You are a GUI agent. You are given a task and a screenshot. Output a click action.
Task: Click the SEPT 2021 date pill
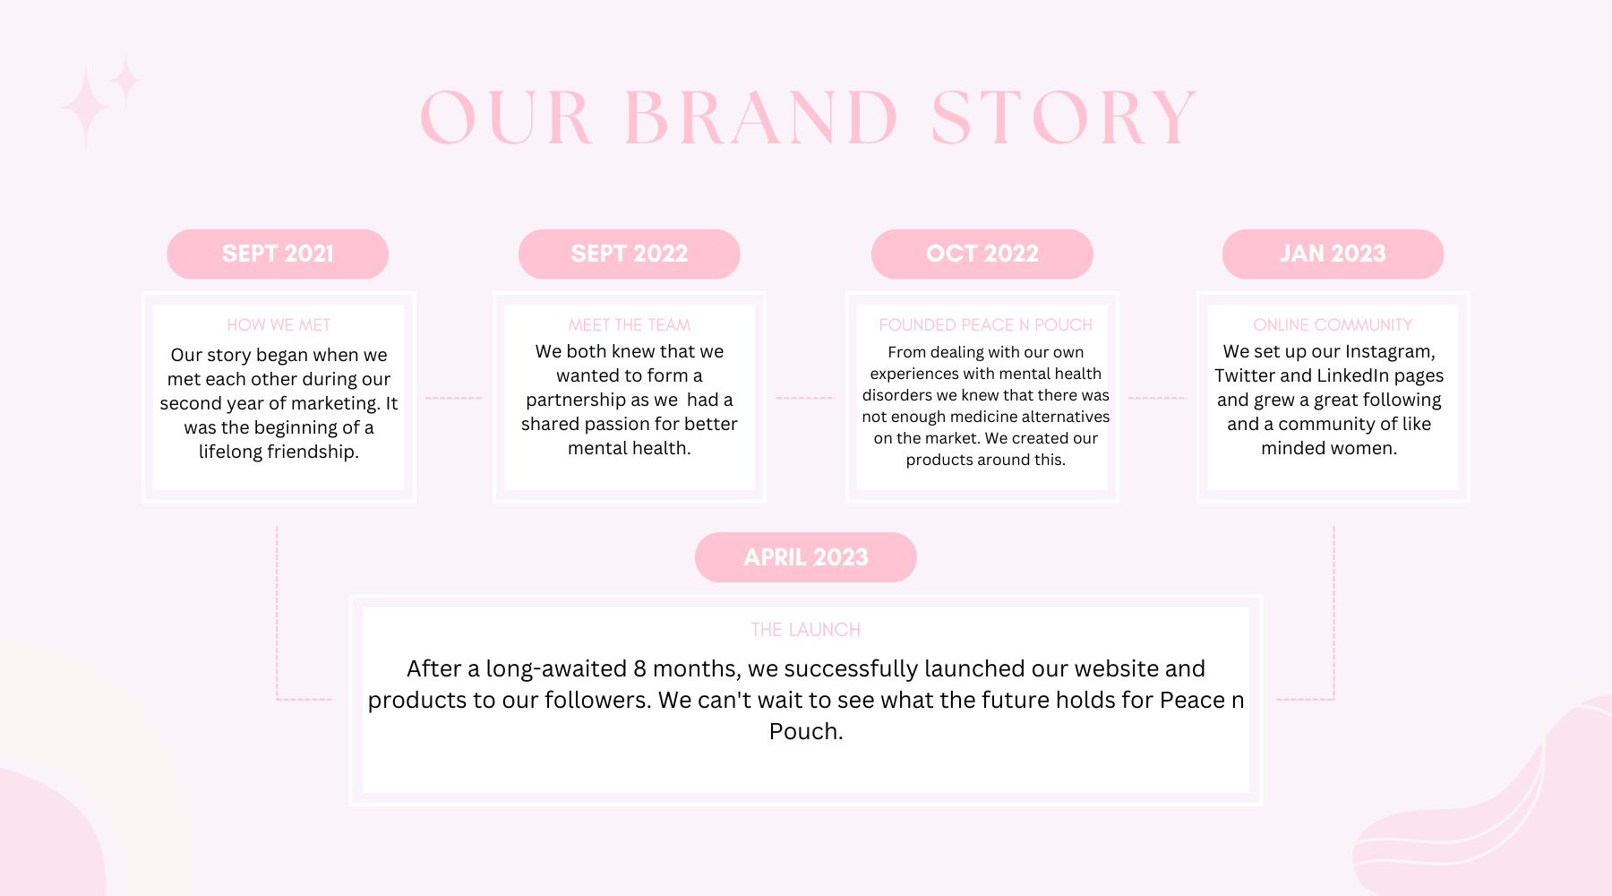click(278, 254)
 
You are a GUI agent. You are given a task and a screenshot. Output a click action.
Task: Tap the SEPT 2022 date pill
click(630, 254)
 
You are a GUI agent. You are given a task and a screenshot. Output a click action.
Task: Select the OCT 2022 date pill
click(982, 254)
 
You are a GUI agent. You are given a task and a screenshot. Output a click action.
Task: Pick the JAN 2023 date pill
click(1333, 254)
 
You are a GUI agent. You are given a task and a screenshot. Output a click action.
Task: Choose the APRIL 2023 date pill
click(806, 557)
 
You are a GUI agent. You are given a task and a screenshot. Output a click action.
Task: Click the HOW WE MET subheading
click(279, 324)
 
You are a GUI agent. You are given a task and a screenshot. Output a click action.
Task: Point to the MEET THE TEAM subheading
click(630, 324)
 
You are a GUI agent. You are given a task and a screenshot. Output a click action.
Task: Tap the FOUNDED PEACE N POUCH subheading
click(985, 324)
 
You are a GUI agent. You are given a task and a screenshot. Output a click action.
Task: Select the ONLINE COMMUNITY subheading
click(1333, 324)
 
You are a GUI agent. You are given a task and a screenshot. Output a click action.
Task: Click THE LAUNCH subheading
click(806, 630)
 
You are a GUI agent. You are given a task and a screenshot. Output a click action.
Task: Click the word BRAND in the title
click(761, 117)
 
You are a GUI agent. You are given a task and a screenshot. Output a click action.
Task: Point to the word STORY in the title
click(1064, 117)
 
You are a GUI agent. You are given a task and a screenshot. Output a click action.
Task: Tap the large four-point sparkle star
click(85, 108)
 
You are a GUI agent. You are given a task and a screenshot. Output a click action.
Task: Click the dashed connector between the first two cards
click(454, 397)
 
